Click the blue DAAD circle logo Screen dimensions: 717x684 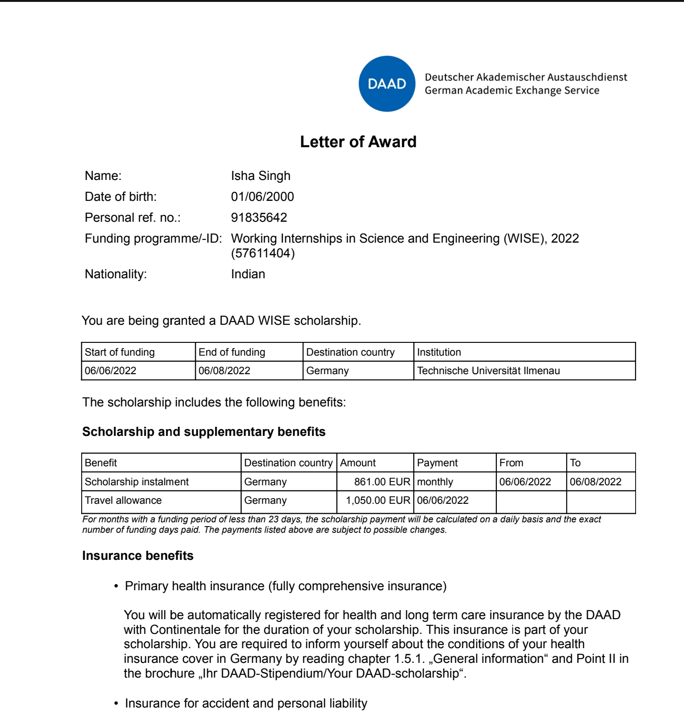click(x=387, y=84)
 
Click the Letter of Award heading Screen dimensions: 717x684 click(x=358, y=142)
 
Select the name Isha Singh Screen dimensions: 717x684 click(x=260, y=176)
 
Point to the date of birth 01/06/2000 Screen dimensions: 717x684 click(x=262, y=197)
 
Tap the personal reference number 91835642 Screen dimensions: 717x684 click(x=259, y=217)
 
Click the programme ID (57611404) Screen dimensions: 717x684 click(x=263, y=253)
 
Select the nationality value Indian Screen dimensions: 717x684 click(x=248, y=274)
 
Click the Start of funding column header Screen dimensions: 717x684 click(x=120, y=352)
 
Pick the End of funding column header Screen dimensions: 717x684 click(x=232, y=352)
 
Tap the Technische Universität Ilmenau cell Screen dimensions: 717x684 click(x=488, y=371)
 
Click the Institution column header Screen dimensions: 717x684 click(x=439, y=352)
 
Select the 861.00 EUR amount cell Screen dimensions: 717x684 click(x=382, y=482)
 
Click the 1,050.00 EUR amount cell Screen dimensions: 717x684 click(x=378, y=500)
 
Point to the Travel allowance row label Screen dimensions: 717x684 click(x=123, y=500)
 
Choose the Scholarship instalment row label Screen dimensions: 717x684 click(x=137, y=482)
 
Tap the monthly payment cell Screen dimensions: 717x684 click(x=435, y=482)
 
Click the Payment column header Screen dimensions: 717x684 click(x=437, y=463)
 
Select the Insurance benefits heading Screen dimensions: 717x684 click(x=138, y=556)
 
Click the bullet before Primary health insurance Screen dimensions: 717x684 click(x=116, y=587)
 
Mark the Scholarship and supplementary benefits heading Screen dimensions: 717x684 click(x=204, y=432)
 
